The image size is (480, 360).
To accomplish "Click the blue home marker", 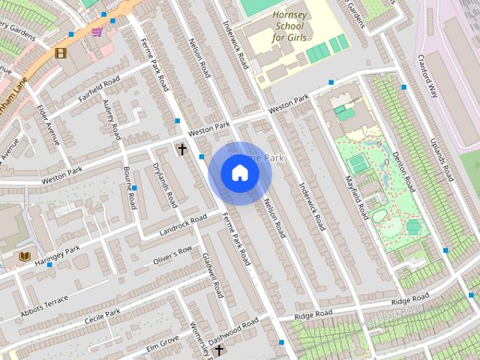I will [239, 173].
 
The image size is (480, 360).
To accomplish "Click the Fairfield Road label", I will [100, 88].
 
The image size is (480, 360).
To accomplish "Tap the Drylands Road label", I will [164, 184].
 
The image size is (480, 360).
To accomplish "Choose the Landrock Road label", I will [183, 223].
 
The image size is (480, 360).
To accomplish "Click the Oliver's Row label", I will [172, 255].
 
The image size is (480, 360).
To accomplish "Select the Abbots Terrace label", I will [44, 301].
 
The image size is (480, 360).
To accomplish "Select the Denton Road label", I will [404, 169].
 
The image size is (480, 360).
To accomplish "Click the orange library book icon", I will [25, 256].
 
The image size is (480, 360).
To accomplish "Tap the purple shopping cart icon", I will [97, 31].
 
